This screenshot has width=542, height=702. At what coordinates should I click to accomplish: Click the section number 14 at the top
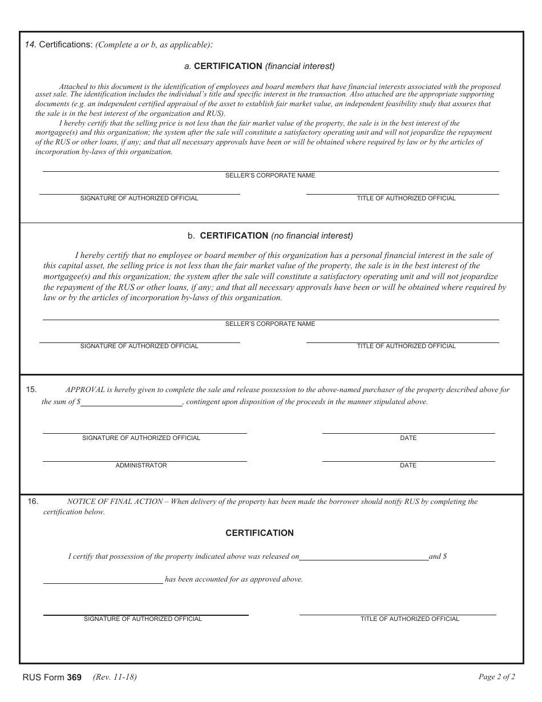tap(30, 45)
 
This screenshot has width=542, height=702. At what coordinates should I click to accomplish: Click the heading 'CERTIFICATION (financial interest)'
tap(264, 66)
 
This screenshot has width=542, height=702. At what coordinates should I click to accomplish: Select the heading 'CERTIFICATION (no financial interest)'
tap(270, 235)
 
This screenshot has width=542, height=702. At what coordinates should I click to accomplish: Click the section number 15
tap(31, 390)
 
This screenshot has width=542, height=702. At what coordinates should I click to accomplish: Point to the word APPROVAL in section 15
tap(85, 390)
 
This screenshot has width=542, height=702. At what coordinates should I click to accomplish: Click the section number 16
tap(33, 502)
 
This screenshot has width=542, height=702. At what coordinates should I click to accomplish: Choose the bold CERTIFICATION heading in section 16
tap(260, 533)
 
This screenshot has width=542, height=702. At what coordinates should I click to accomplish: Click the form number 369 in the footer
tap(74, 678)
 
